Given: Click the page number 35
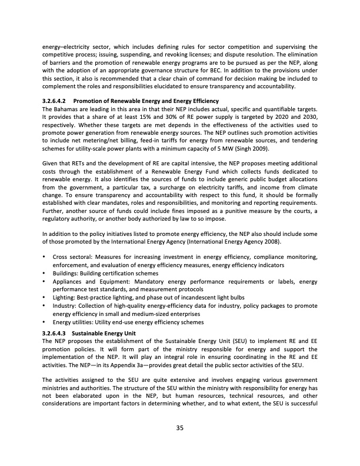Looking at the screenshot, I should click(180, 428).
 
